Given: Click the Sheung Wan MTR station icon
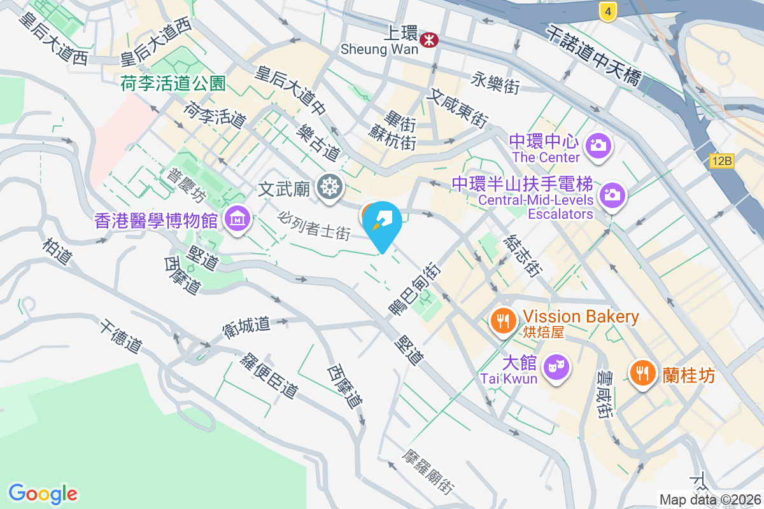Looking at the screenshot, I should [429, 40].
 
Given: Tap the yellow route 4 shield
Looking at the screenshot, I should [609, 11].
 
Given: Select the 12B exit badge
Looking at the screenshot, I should [722, 161].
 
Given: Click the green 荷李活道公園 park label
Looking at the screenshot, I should [173, 83].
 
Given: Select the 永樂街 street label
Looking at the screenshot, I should [496, 83].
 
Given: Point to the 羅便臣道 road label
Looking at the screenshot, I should [269, 375].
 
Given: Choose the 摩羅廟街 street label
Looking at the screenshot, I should [429, 473].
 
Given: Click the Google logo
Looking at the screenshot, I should [43, 494].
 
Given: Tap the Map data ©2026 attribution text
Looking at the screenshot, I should [709, 500].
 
